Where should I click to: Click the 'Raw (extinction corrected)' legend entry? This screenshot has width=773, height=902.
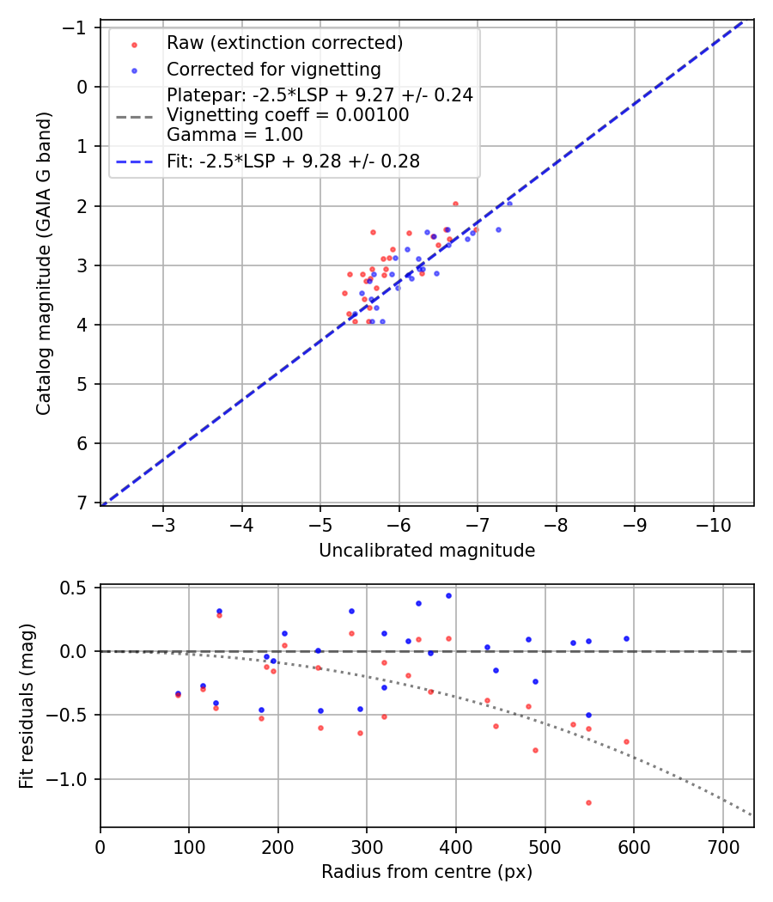pyautogui.click(x=284, y=43)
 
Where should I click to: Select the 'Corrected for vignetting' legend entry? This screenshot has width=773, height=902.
pyautogui.click(x=273, y=69)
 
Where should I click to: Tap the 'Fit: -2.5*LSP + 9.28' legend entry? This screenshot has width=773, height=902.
pyautogui.click(x=293, y=162)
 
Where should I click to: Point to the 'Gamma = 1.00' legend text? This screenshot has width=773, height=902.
pyautogui.click(x=234, y=134)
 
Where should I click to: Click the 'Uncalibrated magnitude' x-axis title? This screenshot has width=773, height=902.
pyautogui.click(x=427, y=551)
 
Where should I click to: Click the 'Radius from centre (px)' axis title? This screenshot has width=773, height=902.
pyautogui.click(x=427, y=872)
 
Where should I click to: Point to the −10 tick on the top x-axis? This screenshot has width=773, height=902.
pyautogui.click(x=713, y=525)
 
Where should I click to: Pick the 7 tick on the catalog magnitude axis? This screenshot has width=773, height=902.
pyautogui.click(x=83, y=503)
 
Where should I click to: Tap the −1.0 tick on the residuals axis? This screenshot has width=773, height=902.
pyautogui.click(x=76, y=779)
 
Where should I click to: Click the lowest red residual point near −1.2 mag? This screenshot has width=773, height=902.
pyautogui.click(x=588, y=802)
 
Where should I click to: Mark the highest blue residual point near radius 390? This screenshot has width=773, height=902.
pyautogui.click(x=448, y=595)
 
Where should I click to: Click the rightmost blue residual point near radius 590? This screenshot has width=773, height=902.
pyautogui.click(x=626, y=638)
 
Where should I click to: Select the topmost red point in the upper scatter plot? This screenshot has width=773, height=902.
pyautogui.click(x=455, y=204)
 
